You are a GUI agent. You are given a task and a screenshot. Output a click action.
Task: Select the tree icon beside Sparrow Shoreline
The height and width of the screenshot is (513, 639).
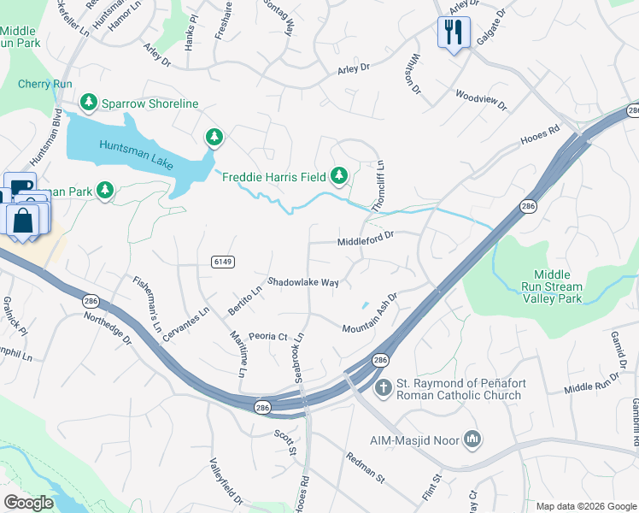click(88, 103)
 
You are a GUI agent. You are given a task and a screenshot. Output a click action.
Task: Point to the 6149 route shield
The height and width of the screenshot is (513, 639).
click(222, 262)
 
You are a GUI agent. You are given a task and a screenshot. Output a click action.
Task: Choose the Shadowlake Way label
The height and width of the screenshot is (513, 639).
click(303, 281)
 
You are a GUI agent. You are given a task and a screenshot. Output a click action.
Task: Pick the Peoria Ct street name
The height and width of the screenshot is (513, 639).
click(267, 337)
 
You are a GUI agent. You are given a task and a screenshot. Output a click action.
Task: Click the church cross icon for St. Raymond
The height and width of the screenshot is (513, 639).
click(384, 388)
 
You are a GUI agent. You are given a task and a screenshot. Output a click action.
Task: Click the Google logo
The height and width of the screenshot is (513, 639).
click(28, 503)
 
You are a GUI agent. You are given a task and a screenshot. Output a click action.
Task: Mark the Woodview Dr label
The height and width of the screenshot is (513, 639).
click(481, 102)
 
